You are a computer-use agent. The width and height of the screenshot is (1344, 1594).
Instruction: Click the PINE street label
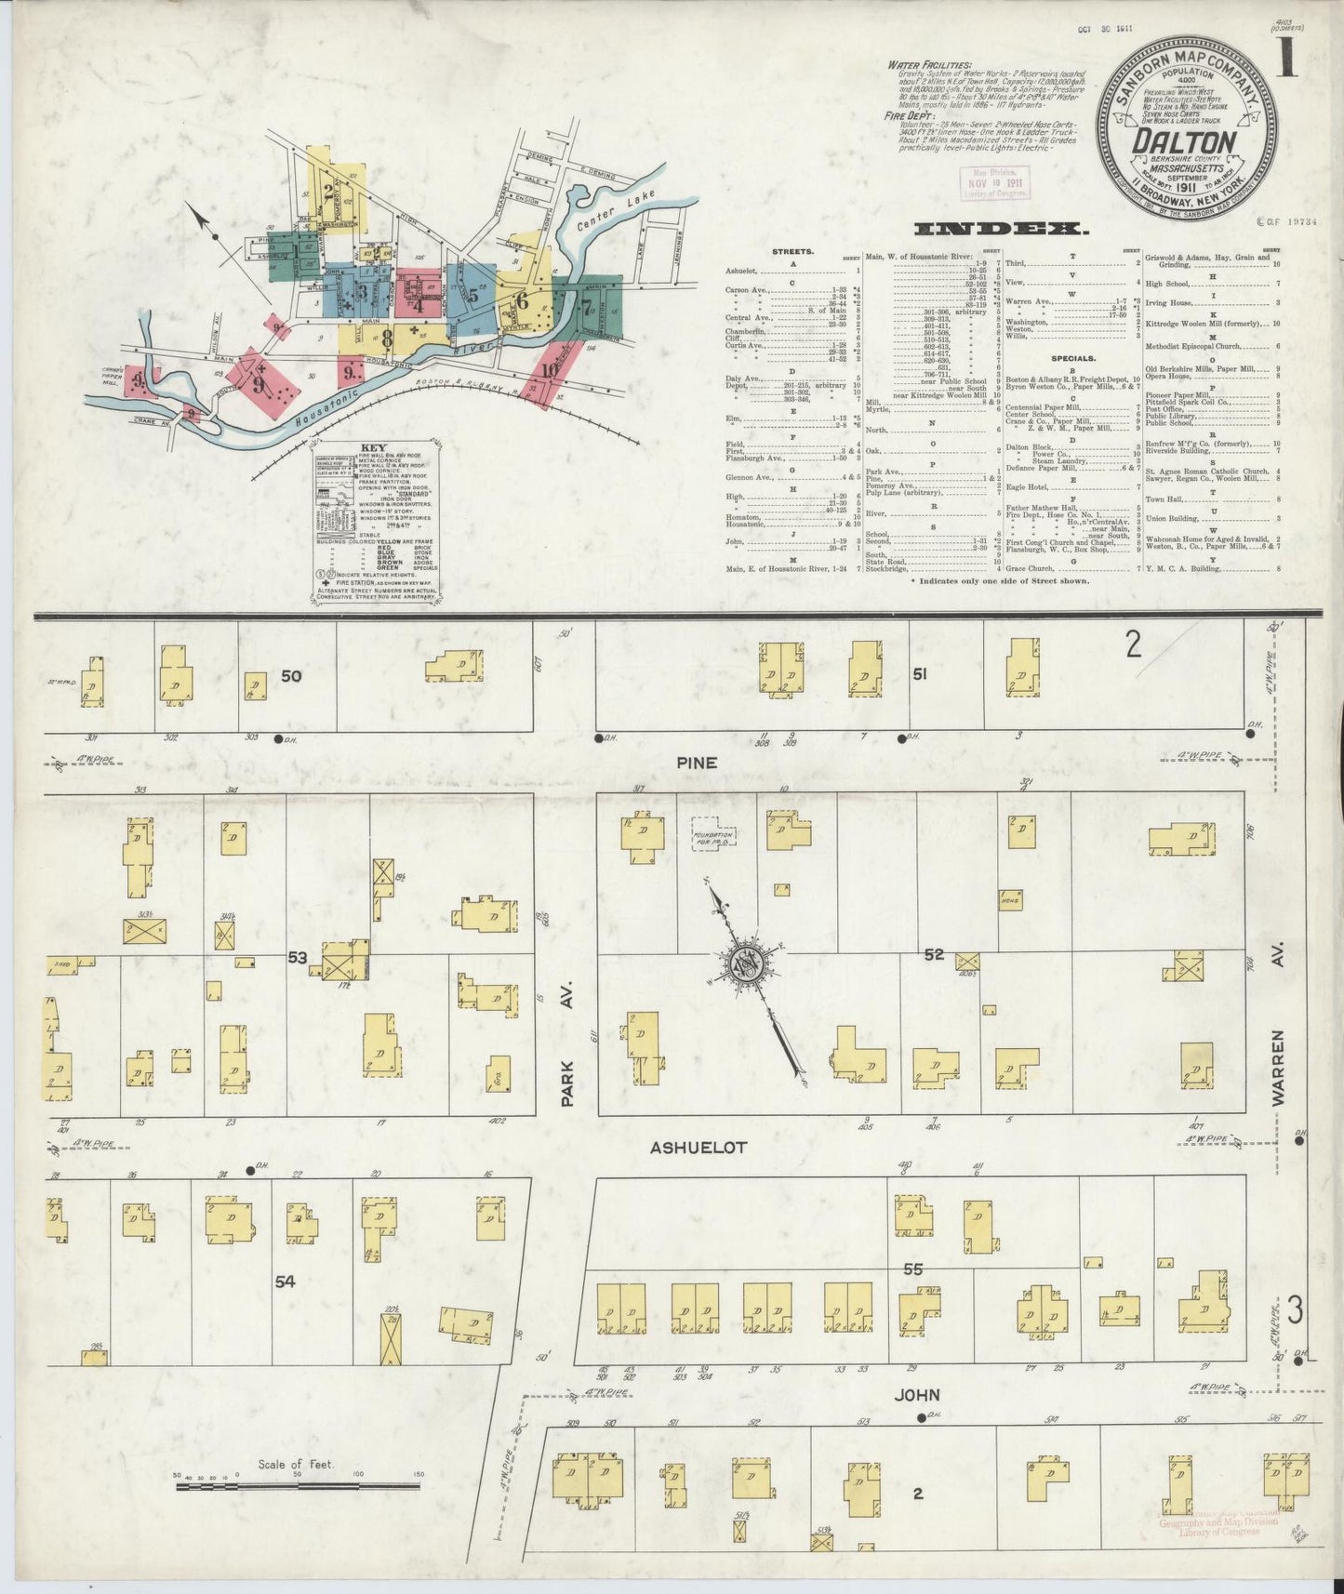pos(697,763)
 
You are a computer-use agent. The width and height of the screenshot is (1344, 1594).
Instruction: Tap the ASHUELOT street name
pos(698,1148)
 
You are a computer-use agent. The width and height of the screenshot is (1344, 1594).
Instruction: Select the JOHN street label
pos(917,1394)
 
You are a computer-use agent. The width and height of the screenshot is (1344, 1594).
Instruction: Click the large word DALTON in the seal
pos(1184,142)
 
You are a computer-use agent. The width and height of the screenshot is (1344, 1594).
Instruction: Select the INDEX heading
pos(1000,229)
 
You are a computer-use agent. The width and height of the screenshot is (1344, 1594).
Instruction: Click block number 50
pos(291,676)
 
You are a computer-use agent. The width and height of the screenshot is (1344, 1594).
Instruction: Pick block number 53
pos(298,957)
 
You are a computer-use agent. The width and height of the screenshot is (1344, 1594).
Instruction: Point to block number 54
pos(285,1281)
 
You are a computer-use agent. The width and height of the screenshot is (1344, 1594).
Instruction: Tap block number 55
pos(912,1269)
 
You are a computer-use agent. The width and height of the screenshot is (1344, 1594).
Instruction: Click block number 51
pos(919,674)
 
